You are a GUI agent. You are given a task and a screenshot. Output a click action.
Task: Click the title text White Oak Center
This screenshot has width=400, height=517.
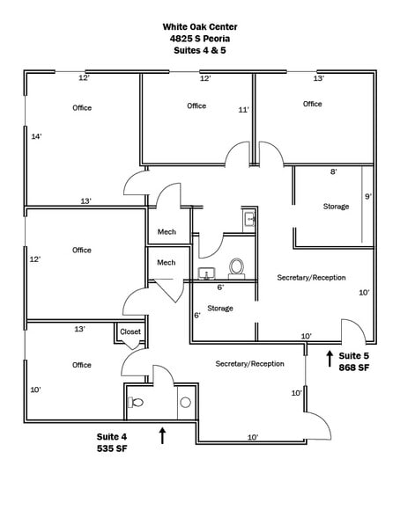[199, 26]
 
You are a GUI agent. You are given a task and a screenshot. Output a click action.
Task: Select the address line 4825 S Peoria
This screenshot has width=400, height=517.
[199, 39]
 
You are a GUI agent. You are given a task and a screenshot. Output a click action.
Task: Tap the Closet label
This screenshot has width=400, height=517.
[130, 331]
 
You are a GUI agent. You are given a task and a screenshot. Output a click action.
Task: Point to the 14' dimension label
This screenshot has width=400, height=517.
[37, 136]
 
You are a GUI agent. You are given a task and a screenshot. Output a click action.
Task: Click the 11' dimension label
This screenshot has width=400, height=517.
[244, 110]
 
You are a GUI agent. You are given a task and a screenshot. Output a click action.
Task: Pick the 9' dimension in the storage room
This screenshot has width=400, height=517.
[368, 196]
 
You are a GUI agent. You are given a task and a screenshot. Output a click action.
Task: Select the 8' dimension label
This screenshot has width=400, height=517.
[333, 172]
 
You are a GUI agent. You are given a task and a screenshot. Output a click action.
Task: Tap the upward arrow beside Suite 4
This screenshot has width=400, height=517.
[162, 434]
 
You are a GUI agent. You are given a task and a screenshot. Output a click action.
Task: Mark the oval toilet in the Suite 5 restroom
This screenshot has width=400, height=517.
[236, 266]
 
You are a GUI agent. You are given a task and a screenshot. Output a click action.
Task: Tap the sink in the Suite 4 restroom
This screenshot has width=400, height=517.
[185, 402]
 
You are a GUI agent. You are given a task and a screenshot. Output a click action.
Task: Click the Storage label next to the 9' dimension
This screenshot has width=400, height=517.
[336, 206]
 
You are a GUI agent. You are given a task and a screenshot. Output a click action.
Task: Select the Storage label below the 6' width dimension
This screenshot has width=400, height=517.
[220, 308]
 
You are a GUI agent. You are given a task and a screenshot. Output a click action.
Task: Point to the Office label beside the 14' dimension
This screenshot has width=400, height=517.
[82, 108]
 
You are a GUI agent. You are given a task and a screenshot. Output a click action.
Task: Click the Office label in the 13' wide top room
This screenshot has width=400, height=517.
[313, 104]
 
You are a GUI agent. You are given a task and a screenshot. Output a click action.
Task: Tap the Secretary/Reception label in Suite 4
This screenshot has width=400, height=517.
[249, 363]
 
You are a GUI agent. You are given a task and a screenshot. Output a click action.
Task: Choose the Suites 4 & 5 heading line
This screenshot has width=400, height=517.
[199, 50]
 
